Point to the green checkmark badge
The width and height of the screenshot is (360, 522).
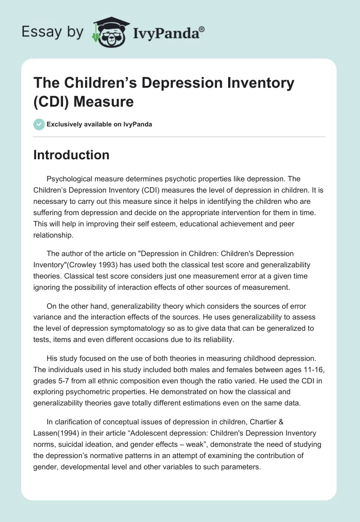click(39, 124)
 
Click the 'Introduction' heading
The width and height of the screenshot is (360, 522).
click(72, 155)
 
